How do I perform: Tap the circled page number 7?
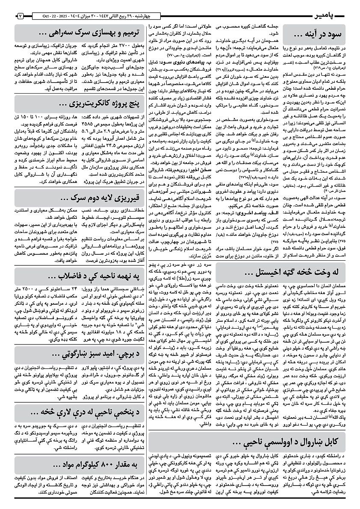(x=20, y=16)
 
